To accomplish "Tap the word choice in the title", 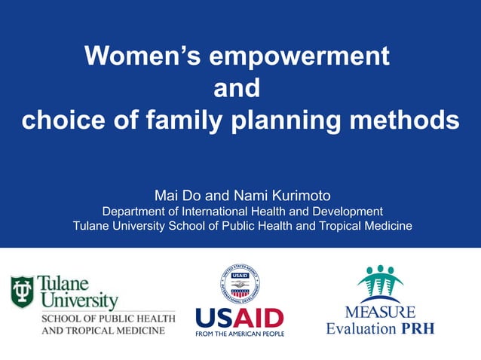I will [60, 121].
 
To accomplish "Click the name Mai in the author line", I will [167, 195].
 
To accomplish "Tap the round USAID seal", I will [240, 284].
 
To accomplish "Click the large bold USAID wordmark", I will [240, 317].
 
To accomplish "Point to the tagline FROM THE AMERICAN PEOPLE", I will [240, 333].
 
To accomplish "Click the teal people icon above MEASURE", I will [380, 284].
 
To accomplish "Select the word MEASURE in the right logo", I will [380, 312].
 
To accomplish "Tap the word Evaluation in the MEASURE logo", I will [361, 328].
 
